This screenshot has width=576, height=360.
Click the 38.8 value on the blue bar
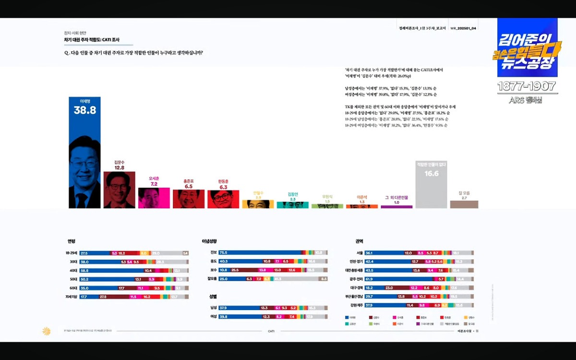pyautogui.click(x=84, y=110)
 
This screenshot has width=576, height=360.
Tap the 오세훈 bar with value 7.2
pyautogui.click(x=154, y=198)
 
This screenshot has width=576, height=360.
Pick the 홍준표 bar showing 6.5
pyautogui.click(x=188, y=199)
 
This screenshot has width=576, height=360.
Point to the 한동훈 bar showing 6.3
pyautogui.click(x=223, y=199)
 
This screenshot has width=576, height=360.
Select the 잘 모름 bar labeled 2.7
pyautogui.click(x=464, y=204)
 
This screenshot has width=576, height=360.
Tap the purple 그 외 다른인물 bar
pyautogui.click(x=396, y=207)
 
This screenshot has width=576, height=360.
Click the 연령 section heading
pyautogui.click(x=72, y=241)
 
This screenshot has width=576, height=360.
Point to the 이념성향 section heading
pyautogui.click(x=209, y=241)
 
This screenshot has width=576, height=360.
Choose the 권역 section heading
pyautogui.click(x=360, y=241)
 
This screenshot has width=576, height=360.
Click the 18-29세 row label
pyautogui.click(x=72, y=253)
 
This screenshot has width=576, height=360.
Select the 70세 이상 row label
pyautogui.click(x=72, y=297)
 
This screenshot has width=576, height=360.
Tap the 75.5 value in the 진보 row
pyautogui.click(x=224, y=252)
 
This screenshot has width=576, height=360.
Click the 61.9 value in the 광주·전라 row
pyautogui.click(x=369, y=279)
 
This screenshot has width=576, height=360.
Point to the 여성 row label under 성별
pyautogui.click(x=213, y=317)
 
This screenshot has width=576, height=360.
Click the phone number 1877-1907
pyautogui.click(x=527, y=87)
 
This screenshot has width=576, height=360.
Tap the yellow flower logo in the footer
pyautogui.click(x=47, y=331)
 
